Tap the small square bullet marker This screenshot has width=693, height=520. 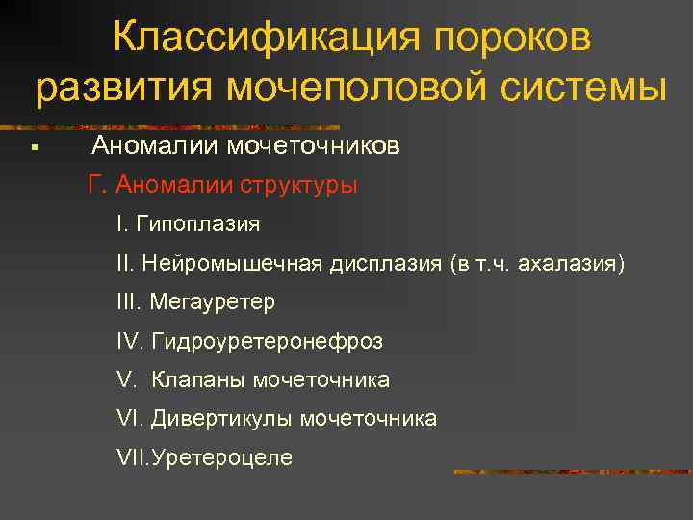click(33, 148)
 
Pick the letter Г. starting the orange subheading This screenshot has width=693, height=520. click(95, 185)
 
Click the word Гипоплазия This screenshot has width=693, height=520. click(198, 224)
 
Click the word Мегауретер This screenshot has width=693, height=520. click(212, 302)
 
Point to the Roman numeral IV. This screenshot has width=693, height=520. click(128, 341)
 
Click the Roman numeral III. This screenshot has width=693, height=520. click(128, 302)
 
